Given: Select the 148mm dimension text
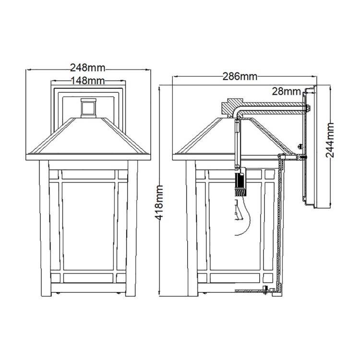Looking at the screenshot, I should [x=87, y=81].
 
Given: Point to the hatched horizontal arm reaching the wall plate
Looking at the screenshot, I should [x=274, y=107].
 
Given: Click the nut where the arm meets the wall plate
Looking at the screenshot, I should [x=307, y=108].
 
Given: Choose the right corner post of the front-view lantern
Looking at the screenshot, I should [x=132, y=230].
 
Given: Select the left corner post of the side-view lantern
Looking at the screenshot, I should [x=190, y=230].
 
